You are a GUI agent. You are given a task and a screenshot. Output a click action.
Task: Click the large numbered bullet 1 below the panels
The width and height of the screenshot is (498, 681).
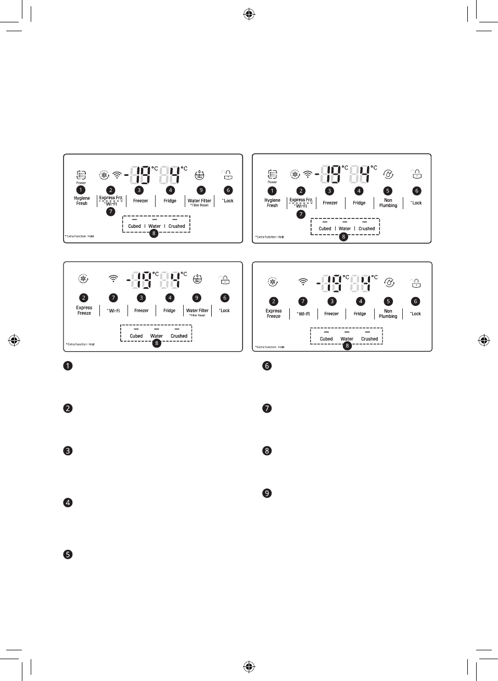68,366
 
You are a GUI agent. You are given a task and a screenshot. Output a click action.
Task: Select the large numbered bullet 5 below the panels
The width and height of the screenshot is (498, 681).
68,555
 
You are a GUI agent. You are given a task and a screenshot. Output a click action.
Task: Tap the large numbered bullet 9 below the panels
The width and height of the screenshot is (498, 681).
267,493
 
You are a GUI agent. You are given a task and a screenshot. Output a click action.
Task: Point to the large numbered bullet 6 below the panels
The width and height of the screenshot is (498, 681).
267,366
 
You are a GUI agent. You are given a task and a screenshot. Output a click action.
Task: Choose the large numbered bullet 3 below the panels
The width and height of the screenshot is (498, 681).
68,451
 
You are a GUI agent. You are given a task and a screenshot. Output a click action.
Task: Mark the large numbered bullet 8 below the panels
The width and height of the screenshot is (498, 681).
267,451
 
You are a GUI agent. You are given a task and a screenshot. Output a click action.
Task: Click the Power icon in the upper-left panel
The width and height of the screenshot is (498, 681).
81,175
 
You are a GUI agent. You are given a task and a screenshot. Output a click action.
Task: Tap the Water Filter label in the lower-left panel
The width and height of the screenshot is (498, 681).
197,311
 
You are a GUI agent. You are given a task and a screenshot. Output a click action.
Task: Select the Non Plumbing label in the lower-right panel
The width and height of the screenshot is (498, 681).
388,314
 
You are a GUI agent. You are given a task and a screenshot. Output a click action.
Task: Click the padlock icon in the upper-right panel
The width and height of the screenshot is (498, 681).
416,174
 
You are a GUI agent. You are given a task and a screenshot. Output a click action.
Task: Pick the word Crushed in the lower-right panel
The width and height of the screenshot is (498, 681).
369,339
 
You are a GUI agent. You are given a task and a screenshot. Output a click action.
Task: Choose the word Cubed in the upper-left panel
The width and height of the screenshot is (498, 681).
134,226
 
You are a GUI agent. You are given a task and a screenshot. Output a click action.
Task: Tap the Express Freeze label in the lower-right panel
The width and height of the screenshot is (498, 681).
274,314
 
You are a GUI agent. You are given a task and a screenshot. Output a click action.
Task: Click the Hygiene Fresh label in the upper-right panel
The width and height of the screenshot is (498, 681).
272,203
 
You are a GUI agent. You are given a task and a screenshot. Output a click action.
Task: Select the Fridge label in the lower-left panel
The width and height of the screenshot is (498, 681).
170,311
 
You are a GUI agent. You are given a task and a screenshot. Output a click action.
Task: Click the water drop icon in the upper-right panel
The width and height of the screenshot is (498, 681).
388,174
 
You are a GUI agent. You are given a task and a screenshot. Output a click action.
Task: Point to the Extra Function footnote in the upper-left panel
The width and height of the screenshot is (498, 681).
80,236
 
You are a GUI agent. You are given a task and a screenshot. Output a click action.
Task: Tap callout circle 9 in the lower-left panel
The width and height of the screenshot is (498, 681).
197,298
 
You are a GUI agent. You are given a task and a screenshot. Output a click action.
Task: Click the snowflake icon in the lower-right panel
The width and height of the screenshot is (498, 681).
273,282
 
